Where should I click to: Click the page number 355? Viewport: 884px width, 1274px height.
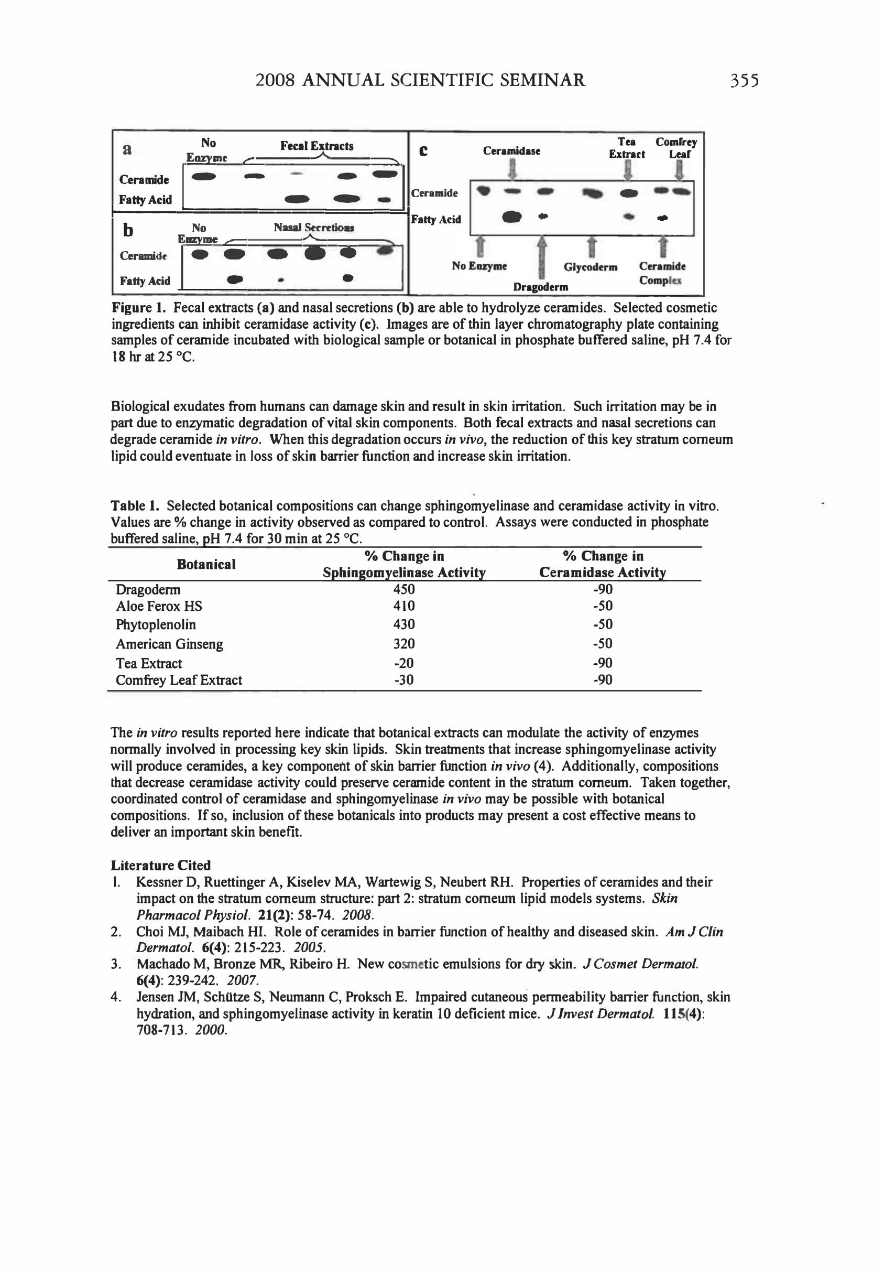tap(744, 81)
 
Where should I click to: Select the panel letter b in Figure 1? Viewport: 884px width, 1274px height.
tap(128, 230)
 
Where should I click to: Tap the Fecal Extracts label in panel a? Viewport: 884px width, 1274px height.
tap(317, 146)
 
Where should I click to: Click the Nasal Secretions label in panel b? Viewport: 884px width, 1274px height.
tap(313, 227)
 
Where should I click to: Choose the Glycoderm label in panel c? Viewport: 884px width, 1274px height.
tap(590, 267)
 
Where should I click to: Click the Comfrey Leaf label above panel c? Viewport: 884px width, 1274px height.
tap(676, 148)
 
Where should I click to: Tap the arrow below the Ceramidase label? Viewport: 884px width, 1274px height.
tap(513, 169)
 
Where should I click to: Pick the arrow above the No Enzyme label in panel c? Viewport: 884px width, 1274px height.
tap(480, 246)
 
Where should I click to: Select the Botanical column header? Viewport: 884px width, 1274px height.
tap(206, 564)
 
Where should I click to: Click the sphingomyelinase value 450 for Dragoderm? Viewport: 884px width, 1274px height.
tap(404, 589)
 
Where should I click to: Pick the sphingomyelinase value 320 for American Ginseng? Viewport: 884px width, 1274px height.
tap(404, 643)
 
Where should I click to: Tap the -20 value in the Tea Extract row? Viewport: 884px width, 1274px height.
tap(404, 663)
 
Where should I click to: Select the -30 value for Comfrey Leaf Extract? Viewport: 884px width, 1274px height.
tap(404, 680)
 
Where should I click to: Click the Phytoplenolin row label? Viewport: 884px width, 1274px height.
tap(156, 624)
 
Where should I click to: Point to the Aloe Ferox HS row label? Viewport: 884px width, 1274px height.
tap(159, 606)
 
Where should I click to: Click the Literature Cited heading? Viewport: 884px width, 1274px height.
tap(161, 865)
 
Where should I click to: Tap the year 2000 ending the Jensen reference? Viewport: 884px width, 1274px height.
tap(211, 1030)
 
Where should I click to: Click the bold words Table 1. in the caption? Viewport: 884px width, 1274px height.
tap(135, 505)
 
